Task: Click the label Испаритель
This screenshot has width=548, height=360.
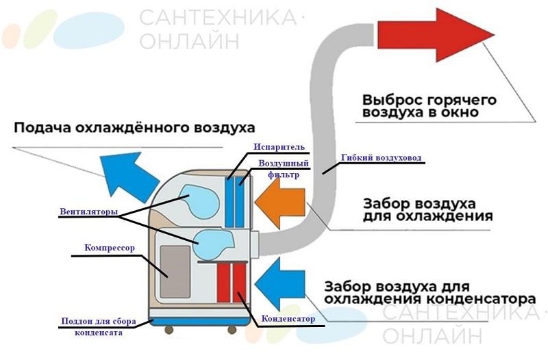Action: [274, 146]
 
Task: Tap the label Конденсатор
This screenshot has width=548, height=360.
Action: [289, 319]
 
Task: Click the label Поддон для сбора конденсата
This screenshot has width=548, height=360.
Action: [99, 326]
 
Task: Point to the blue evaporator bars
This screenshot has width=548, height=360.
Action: [234, 202]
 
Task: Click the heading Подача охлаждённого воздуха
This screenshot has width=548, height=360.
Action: [134, 127]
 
